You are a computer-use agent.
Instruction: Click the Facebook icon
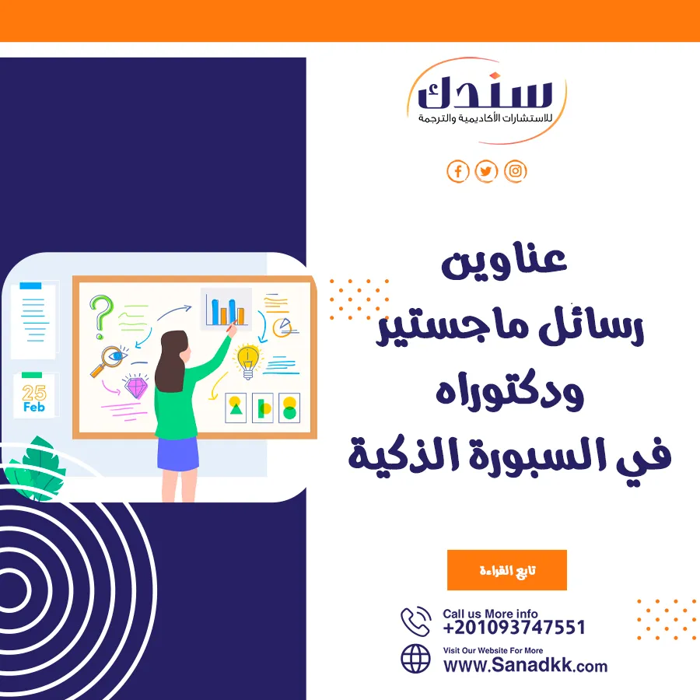click(x=457, y=171)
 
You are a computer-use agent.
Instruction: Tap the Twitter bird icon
click(x=486, y=171)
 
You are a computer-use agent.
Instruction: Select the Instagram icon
click(x=515, y=171)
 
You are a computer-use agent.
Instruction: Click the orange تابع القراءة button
click(x=506, y=570)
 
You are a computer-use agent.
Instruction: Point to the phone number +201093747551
click(x=514, y=627)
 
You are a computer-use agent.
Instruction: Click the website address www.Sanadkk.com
click(x=526, y=665)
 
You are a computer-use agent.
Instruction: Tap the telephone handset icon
click(x=415, y=621)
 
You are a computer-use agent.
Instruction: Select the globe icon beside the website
click(x=415, y=659)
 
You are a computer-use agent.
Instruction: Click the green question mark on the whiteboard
click(x=101, y=317)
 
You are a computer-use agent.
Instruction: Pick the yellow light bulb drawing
click(x=248, y=362)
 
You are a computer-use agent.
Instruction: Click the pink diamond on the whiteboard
click(x=135, y=387)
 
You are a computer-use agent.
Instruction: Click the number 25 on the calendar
click(x=34, y=393)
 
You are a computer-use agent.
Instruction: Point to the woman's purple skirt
click(x=178, y=453)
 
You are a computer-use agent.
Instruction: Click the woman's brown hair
click(x=171, y=361)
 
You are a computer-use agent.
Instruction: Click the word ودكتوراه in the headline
click(x=509, y=390)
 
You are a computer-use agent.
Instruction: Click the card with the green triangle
click(x=236, y=408)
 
